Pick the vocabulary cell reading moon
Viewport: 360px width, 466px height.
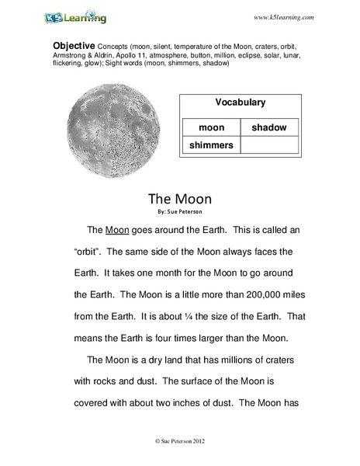click(209, 127)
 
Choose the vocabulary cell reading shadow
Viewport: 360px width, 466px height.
click(269, 127)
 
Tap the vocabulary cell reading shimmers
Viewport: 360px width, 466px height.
click(209, 144)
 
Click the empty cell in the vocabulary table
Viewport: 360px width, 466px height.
click(269, 144)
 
